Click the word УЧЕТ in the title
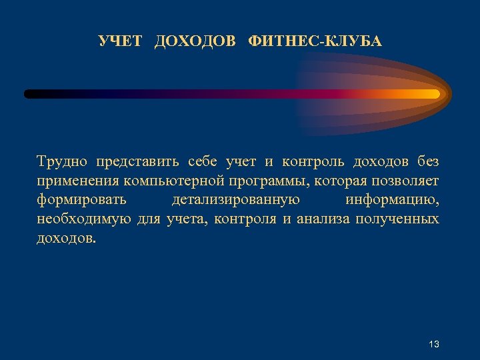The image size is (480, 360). pyautogui.click(x=120, y=42)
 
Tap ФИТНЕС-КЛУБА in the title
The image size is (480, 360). pyautogui.click(x=315, y=42)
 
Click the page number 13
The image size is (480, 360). pyautogui.click(x=434, y=344)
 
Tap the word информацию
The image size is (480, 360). pyautogui.click(x=392, y=201)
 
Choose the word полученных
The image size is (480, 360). pyautogui.click(x=397, y=219)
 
